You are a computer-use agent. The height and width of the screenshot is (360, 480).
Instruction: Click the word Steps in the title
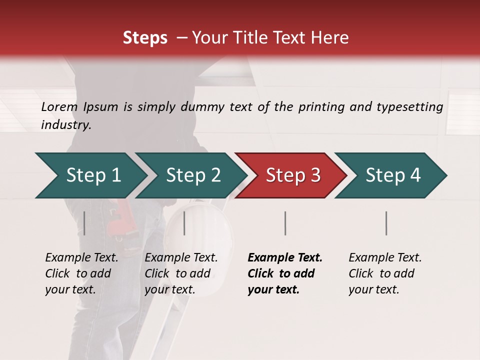coord(145,38)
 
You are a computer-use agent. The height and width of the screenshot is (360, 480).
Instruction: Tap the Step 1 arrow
coord(90,175)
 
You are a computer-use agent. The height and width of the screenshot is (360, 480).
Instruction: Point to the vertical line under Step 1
coord(84,223)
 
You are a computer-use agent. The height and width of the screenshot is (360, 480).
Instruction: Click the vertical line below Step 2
coord(184,223)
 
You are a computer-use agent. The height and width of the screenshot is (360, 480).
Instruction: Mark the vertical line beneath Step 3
coord(285,223)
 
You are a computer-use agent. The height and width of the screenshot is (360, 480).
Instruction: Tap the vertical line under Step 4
coord(386,223)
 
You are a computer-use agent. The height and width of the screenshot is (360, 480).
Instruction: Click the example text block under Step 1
coord(81,273)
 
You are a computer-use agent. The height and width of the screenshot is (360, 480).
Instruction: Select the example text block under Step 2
coord(181,273)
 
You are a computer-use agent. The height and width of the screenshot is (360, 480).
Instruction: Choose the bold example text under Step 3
coord(285,273)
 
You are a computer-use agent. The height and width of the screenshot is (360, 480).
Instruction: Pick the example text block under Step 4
coord(385,273)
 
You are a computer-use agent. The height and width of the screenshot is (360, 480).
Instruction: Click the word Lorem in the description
coord(59,106)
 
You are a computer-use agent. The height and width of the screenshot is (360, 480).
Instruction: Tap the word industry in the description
coord(66,125)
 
